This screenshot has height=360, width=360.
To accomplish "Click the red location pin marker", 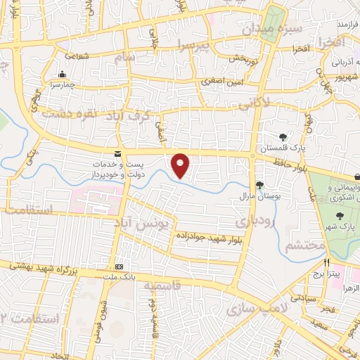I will [x=181, y=165].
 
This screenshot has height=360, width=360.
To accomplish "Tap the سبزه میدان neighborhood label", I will [x=262, y=30].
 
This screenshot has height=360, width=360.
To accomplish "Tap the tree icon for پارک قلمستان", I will [x=283, y=137].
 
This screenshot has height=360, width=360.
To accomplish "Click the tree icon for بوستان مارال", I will [x=260, y=185].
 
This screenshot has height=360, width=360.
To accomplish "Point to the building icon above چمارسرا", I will [x=63, y=75].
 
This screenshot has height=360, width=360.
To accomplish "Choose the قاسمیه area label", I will [x=162, y=285].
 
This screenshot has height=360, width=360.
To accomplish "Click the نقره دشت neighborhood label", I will [x=68, y=112].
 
